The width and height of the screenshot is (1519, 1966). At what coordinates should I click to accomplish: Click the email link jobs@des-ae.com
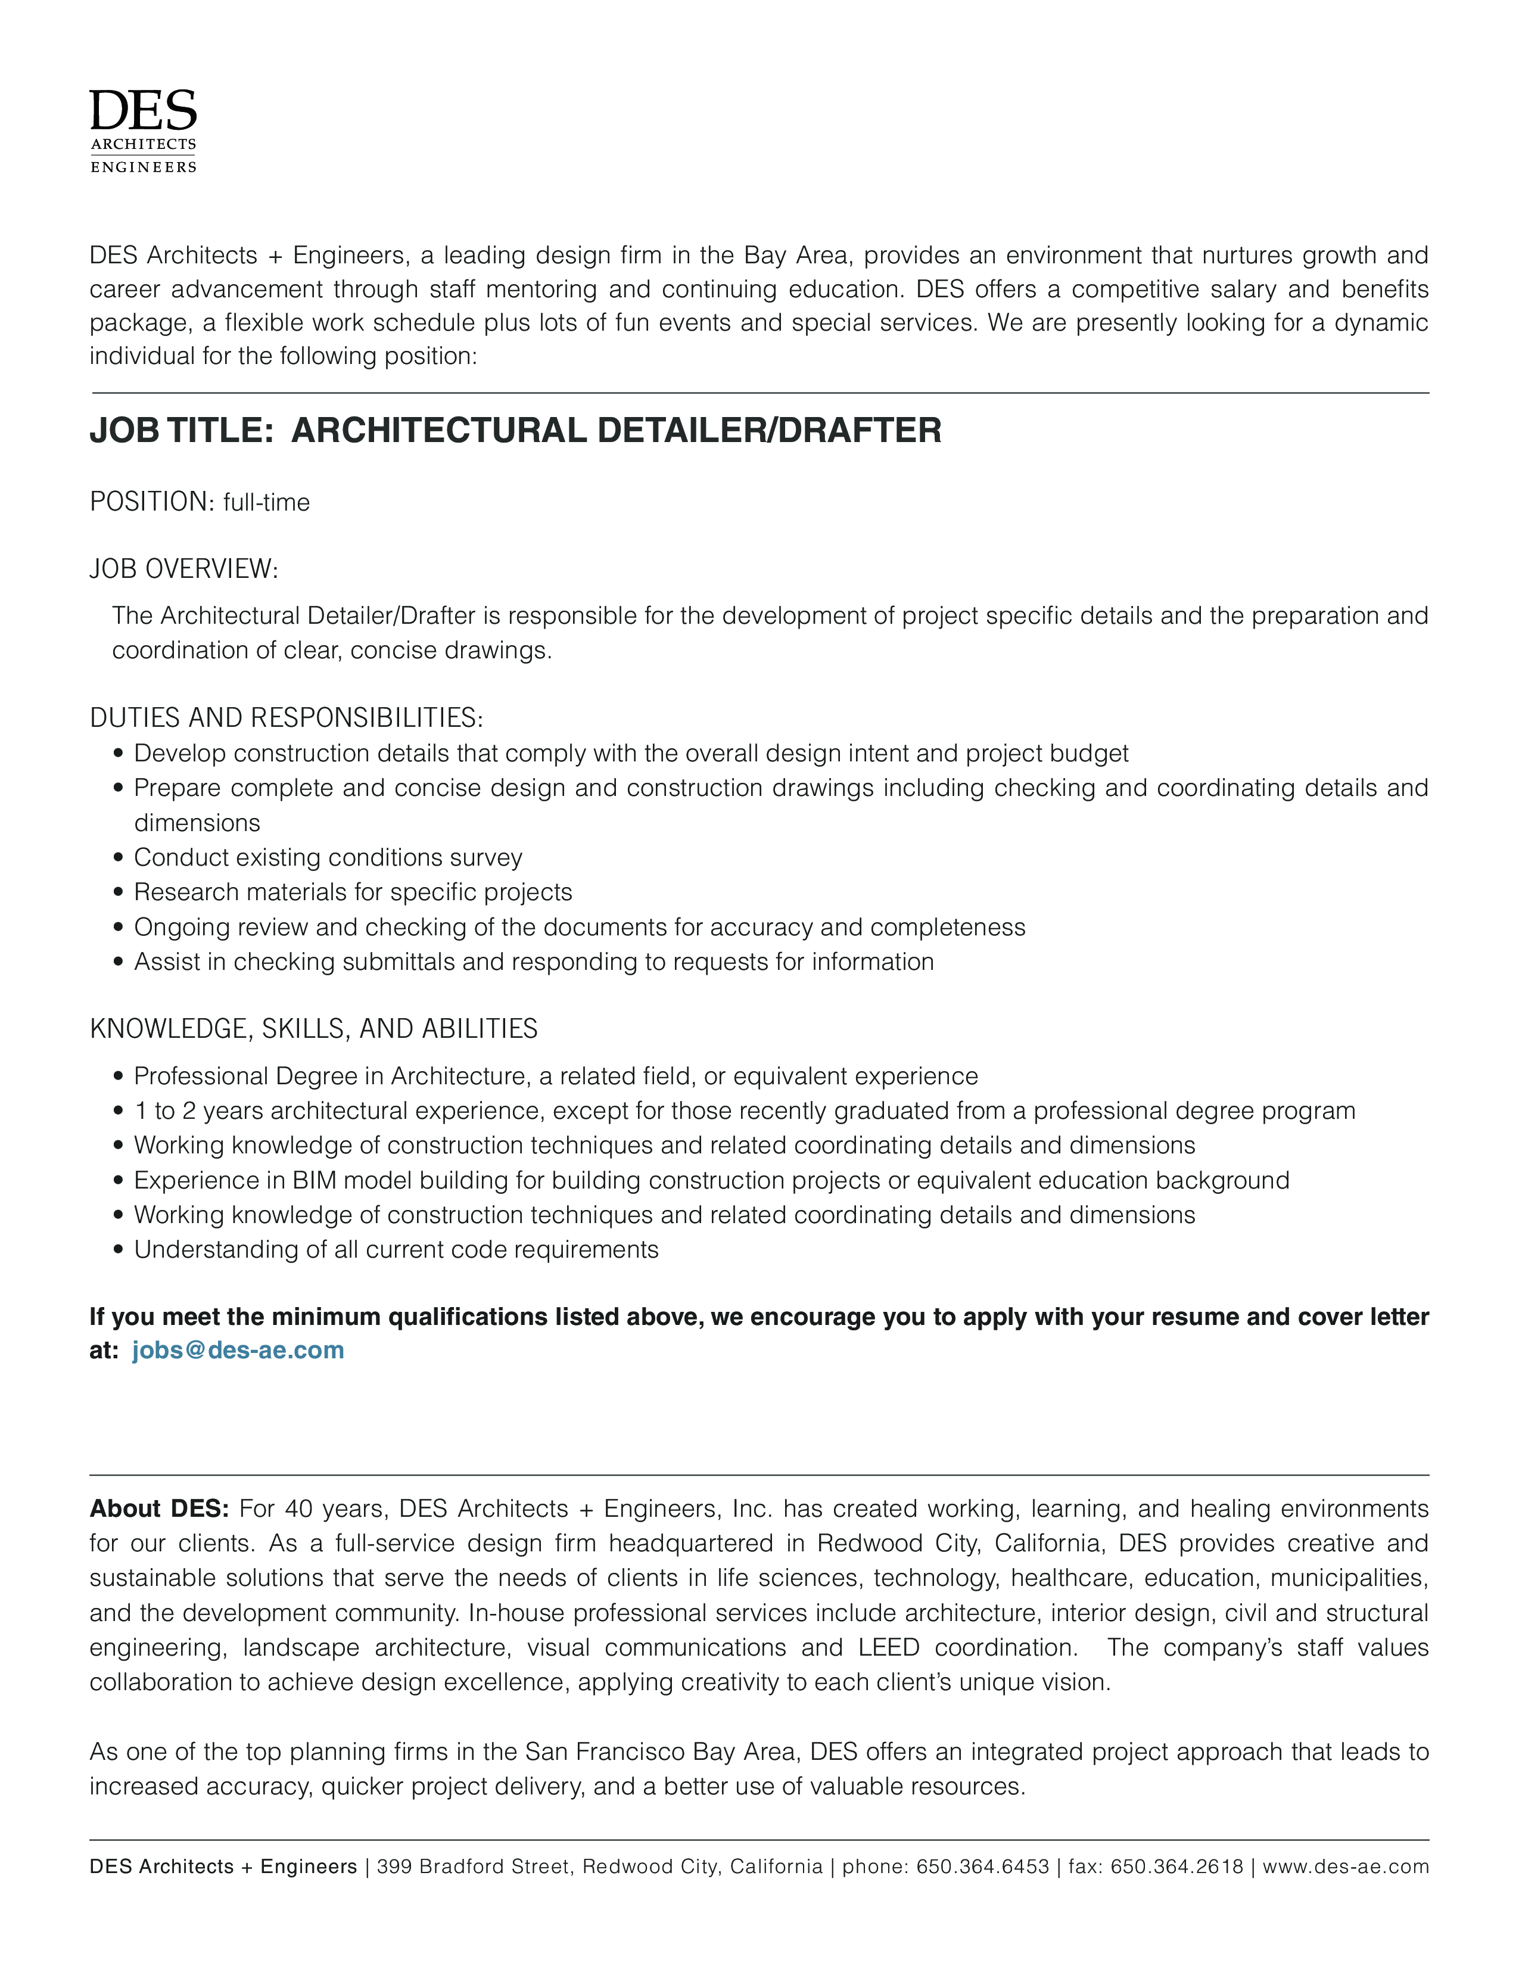pyautogui.click(x=238, y=1350)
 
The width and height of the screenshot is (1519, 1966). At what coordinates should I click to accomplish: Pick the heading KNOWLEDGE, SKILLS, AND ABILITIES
pyautogui.click(x=313, y=1028)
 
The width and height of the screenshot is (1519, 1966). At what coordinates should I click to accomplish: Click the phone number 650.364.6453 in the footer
pyautogui.click(x=983, y=1867)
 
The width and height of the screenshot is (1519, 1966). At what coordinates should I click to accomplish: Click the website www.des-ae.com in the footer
pyautogui.click(x=1345, y=1867)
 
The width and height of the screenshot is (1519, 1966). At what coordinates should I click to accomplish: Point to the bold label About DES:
pyautogui.click(x=159, y=1508)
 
